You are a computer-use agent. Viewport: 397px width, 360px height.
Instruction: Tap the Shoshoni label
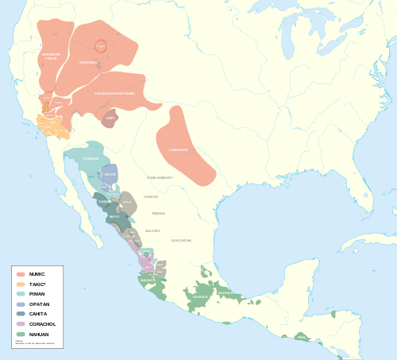[x=88, y=62]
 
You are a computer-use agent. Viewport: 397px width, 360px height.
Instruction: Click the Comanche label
[x=179, y=149]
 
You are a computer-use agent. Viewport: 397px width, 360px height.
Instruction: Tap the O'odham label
[x=91, y=158]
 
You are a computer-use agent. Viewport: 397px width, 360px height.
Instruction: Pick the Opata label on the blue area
[x=110, y=174]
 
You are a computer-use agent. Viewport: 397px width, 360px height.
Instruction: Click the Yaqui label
[x=104, y=202]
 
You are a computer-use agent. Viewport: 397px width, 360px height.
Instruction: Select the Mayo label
[x=114, y=216]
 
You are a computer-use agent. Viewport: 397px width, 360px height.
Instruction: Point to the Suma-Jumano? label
[x=160, y=177]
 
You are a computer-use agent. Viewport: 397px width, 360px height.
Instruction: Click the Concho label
[x=151, y=196]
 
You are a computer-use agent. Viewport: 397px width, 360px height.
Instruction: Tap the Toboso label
[x=159, y=213]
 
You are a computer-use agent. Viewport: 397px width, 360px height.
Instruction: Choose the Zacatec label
[x=153, y=230]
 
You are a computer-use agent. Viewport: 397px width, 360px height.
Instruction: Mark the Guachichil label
[x=181, y=240]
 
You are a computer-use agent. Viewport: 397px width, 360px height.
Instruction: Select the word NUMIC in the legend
[x=37, y=274]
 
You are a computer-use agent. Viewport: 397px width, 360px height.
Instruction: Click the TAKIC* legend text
[x=37, y=284]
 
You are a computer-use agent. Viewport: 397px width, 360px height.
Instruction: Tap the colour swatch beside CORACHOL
[x=21, y=324]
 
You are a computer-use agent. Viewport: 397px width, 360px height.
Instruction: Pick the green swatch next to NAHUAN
[x=21, y=334]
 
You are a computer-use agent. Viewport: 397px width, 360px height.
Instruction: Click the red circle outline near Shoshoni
[x=100, y=47]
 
